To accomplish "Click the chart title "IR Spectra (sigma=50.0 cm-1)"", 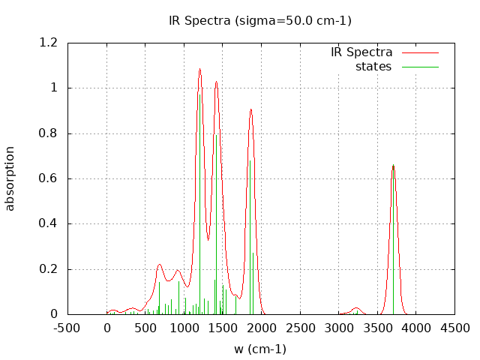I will (x=260, y=20).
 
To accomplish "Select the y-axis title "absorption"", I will (x=10, y=178).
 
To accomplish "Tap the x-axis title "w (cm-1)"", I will (x=260, y=349).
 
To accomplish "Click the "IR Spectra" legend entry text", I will (x=361, y=52).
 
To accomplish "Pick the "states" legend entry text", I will (x=373, y=67).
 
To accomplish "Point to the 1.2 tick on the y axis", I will (x=48, y=43).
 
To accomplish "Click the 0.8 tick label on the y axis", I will (x=48, y=133).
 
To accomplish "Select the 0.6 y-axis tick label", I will (x=48, y=178).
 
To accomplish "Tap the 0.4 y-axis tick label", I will (x=48, y=223).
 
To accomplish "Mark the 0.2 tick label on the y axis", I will (x=48, y=269).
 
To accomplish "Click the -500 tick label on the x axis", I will (x=68, y=328).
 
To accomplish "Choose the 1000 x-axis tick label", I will (x=184, y=328).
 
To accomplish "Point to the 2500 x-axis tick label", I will (x=300, y=328).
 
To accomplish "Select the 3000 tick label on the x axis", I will (x=339, y=328).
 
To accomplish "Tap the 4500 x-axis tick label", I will (x=454, y=328).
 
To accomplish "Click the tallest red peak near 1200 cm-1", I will (x=199, y=69).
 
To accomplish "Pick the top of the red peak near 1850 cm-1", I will (x=250, y=109).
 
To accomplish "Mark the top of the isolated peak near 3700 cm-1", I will (x=393, y=166).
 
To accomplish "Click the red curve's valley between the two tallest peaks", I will (x=208, y=240).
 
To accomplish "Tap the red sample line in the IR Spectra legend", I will (x=419, y=52).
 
